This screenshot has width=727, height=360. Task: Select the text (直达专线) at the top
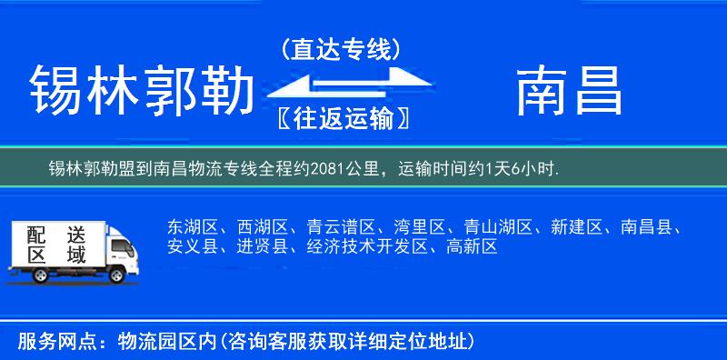pyautogui.click(x=341, y=47)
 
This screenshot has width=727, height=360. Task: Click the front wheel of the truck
pyautogui.click(x=116, y=275)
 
